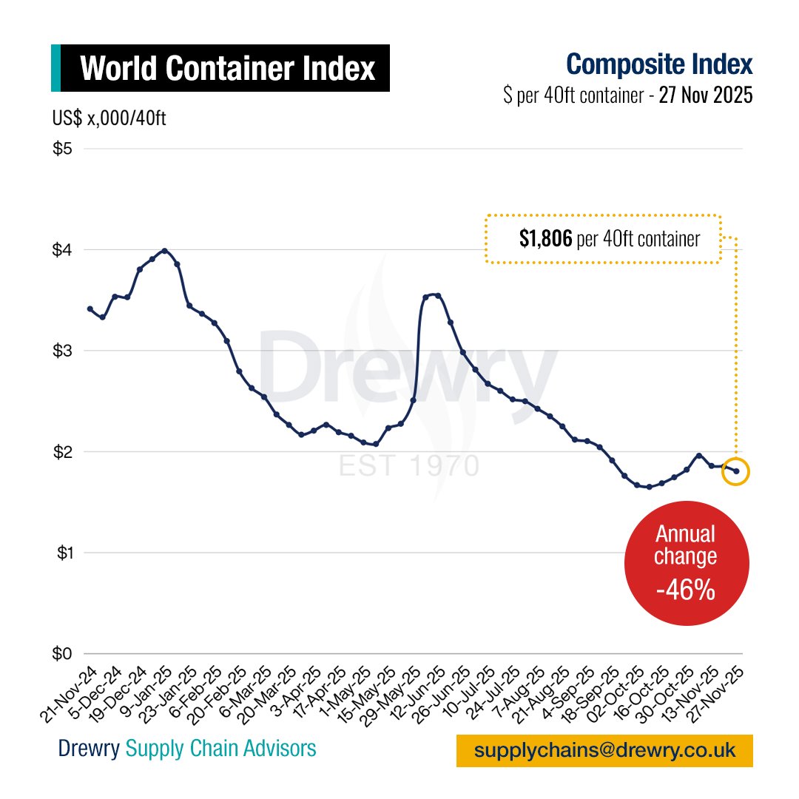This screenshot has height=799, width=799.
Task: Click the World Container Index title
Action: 227,69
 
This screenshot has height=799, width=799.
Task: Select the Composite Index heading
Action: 659,64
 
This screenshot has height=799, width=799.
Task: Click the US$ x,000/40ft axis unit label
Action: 109,118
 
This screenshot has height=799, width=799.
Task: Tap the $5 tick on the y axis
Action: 63,149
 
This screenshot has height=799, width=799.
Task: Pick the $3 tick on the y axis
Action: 63,351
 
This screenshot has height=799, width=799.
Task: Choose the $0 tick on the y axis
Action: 63,654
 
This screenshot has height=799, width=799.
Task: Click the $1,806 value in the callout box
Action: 545,239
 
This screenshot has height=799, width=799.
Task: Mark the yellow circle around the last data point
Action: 736,471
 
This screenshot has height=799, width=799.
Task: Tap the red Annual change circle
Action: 686,562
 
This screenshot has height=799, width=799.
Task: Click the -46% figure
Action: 686,590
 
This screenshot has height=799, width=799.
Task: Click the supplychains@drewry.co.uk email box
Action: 604,750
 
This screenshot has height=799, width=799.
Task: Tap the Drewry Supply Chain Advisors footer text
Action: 187,749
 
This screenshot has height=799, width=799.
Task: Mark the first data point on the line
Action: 90,309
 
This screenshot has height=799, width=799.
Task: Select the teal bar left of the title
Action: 55,69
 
